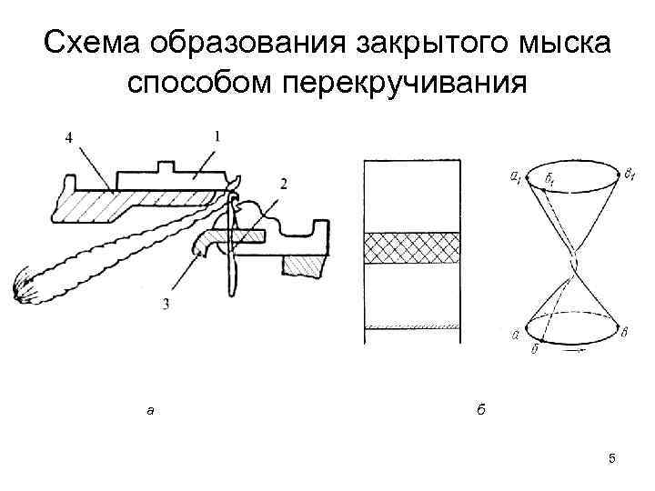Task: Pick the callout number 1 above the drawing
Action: [x=216, y=135]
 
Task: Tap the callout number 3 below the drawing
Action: [x=165, y=304]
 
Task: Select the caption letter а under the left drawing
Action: [x=151, y=411]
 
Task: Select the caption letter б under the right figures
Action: [x=480, y=410]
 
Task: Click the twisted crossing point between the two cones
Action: [x=571, y=265]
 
